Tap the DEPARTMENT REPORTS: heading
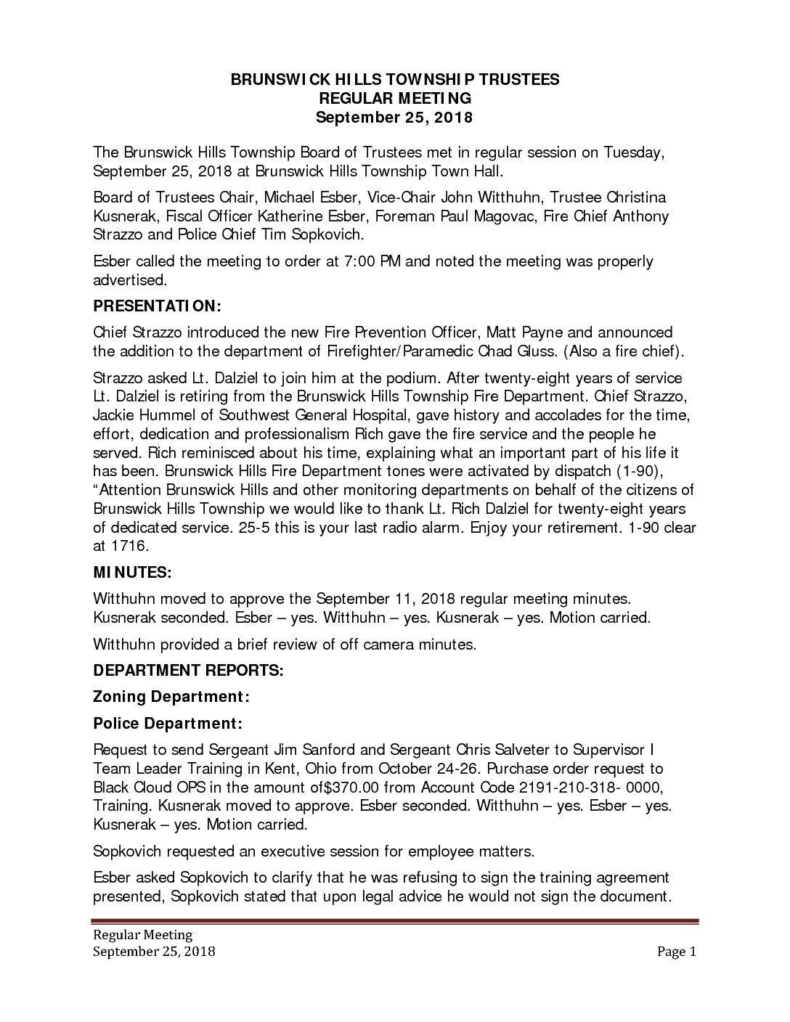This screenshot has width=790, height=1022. point(189,670)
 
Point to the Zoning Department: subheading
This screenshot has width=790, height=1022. point(172,697)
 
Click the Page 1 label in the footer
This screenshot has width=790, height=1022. point(677,952)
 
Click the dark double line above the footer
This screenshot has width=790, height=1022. point(395,923)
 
